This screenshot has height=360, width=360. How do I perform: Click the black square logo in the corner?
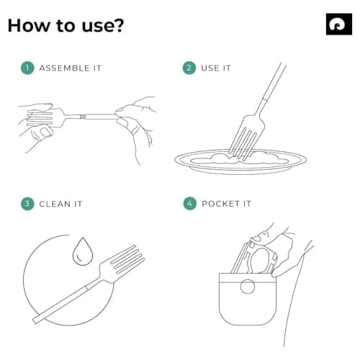(x=339, y=24)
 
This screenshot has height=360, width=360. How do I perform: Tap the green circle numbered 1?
(x=27, y=68)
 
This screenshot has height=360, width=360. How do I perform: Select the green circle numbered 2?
(x=189, y=68)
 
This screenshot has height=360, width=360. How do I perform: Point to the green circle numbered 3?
(x=27, y=204)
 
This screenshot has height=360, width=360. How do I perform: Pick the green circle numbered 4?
(x=189, y=204)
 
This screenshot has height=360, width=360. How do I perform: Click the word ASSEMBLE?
(x=64, y=68)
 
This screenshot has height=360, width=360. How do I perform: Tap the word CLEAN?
(x=55, y=204)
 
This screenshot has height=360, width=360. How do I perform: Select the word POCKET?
(x=220, y=204)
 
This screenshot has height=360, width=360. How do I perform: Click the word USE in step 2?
(x=210, y=68)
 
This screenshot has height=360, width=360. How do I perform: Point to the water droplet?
(x=83, y=251)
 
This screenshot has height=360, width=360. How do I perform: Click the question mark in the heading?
(x=118, y=25)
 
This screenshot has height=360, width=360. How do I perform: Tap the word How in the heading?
(x=28, y=25)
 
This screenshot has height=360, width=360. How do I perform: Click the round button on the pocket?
(x=248, y=287)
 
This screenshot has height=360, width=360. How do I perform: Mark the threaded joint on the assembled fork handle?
(x=83, y=117)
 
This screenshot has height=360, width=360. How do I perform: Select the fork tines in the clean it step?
(x=127, y=260)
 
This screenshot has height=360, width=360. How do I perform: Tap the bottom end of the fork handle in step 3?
(x=36, y=320)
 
